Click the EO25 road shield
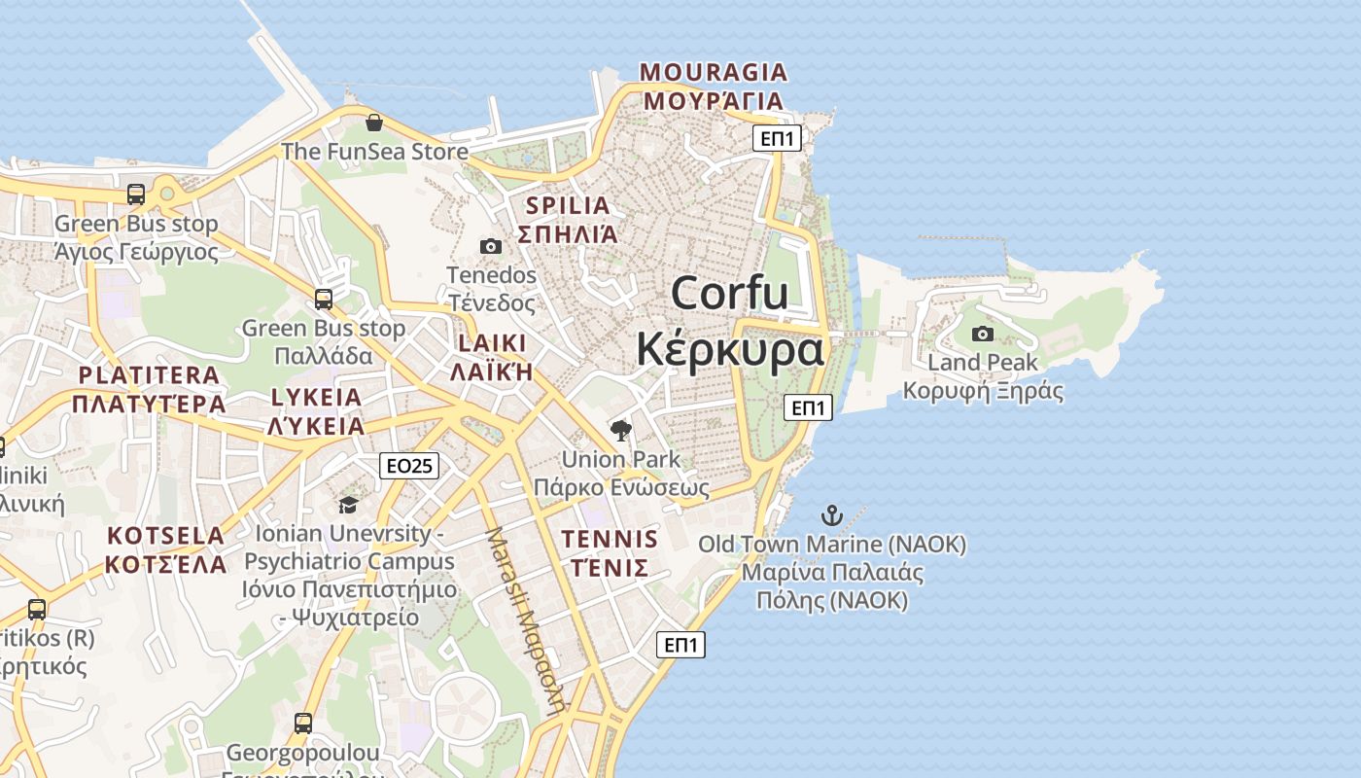409,466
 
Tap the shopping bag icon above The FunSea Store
373,123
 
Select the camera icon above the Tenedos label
491,246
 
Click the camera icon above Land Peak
983,334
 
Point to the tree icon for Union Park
620,430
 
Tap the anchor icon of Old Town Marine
831,515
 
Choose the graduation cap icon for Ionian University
348,504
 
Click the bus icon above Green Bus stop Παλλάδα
324,299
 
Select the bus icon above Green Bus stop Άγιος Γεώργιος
136,194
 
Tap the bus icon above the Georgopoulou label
303,723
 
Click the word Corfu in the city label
729,293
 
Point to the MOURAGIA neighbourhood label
714,72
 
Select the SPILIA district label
568,206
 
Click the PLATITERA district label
149,375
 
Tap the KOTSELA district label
165,536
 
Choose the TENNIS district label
610,539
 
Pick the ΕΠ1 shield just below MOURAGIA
778,138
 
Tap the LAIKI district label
492,343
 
